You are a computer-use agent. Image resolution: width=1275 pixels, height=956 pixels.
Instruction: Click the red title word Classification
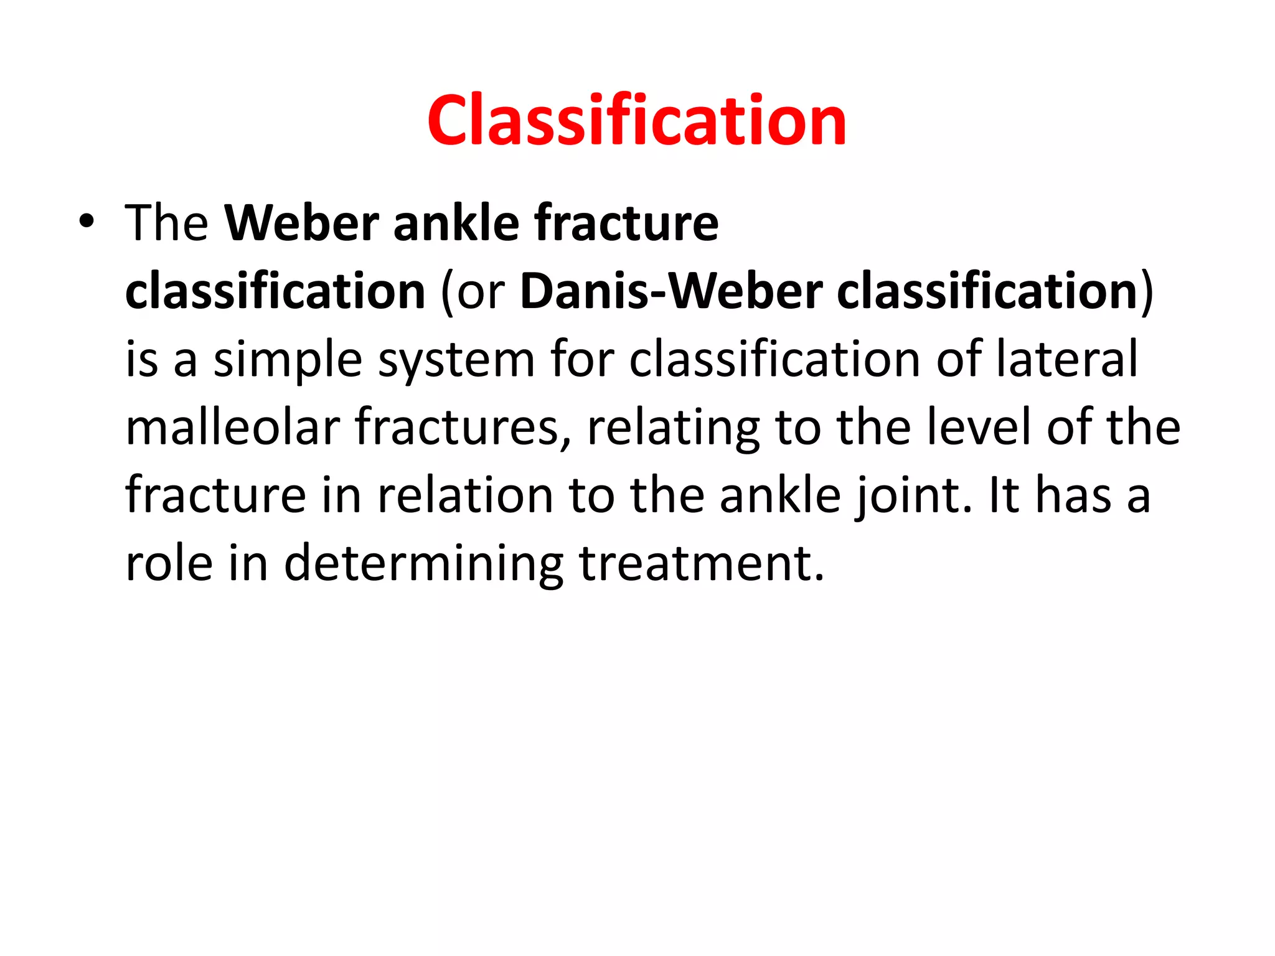coord(636,121)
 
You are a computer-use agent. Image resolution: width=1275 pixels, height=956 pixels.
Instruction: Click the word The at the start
coord(166,223)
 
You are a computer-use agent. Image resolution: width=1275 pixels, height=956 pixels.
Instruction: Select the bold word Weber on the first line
coord(302,223)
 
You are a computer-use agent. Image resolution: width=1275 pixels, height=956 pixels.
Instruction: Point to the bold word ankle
coord(456,223)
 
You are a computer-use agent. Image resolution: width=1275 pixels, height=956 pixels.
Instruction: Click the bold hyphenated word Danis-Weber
coord(671,291)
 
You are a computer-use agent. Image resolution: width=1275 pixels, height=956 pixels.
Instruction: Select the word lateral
coord(1067,360)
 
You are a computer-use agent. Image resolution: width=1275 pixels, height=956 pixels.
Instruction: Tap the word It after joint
coord(1004,496)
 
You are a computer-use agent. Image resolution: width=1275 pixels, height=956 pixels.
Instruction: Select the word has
coord(1073,496)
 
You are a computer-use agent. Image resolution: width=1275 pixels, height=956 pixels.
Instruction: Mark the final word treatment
coord(702,564)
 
